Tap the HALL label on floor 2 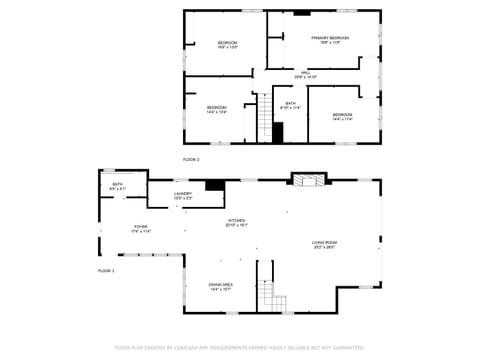[x=305, y=73]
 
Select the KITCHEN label [x=237, y=221]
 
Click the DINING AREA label [x=221, y=285]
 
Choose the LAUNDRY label [x=183, y=194]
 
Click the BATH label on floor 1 [x=117, y=185]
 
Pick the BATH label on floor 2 [x=290, y=103]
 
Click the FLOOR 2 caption [x=191, y=160]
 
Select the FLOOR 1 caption [x=106, y=271]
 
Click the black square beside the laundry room [x=213, y=184]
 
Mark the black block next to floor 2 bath [x=278, y=132]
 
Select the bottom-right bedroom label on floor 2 [x=342, y=115]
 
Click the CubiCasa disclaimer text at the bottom [x=239, y=348]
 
